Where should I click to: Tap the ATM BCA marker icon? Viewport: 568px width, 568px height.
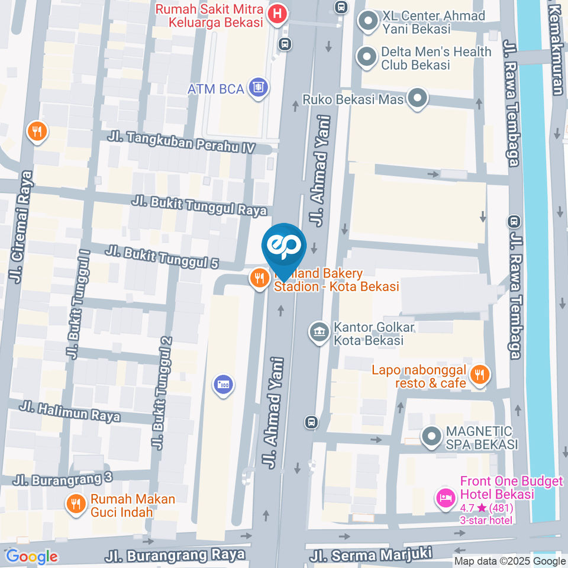[x=259, y=89]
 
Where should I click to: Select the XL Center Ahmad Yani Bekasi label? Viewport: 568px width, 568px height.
[x=425, y=22]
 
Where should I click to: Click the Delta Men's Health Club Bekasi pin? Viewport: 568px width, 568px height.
[x=367, y=57]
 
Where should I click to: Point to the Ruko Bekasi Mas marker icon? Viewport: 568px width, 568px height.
[x=418, y=99]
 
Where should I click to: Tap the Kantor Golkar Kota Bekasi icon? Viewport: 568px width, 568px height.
[x=319, y=333]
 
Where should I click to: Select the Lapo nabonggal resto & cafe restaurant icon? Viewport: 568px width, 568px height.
[x=479, y=374]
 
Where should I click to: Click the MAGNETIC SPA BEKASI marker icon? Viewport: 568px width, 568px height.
[x=431, y=437]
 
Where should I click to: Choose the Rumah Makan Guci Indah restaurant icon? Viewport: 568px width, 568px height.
[x=75, y=504]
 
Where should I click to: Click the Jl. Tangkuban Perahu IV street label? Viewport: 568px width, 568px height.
[x=185, y=141]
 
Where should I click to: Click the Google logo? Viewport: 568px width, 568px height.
[x=32, y=556]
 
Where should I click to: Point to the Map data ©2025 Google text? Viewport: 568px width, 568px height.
[x=510, y=561]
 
